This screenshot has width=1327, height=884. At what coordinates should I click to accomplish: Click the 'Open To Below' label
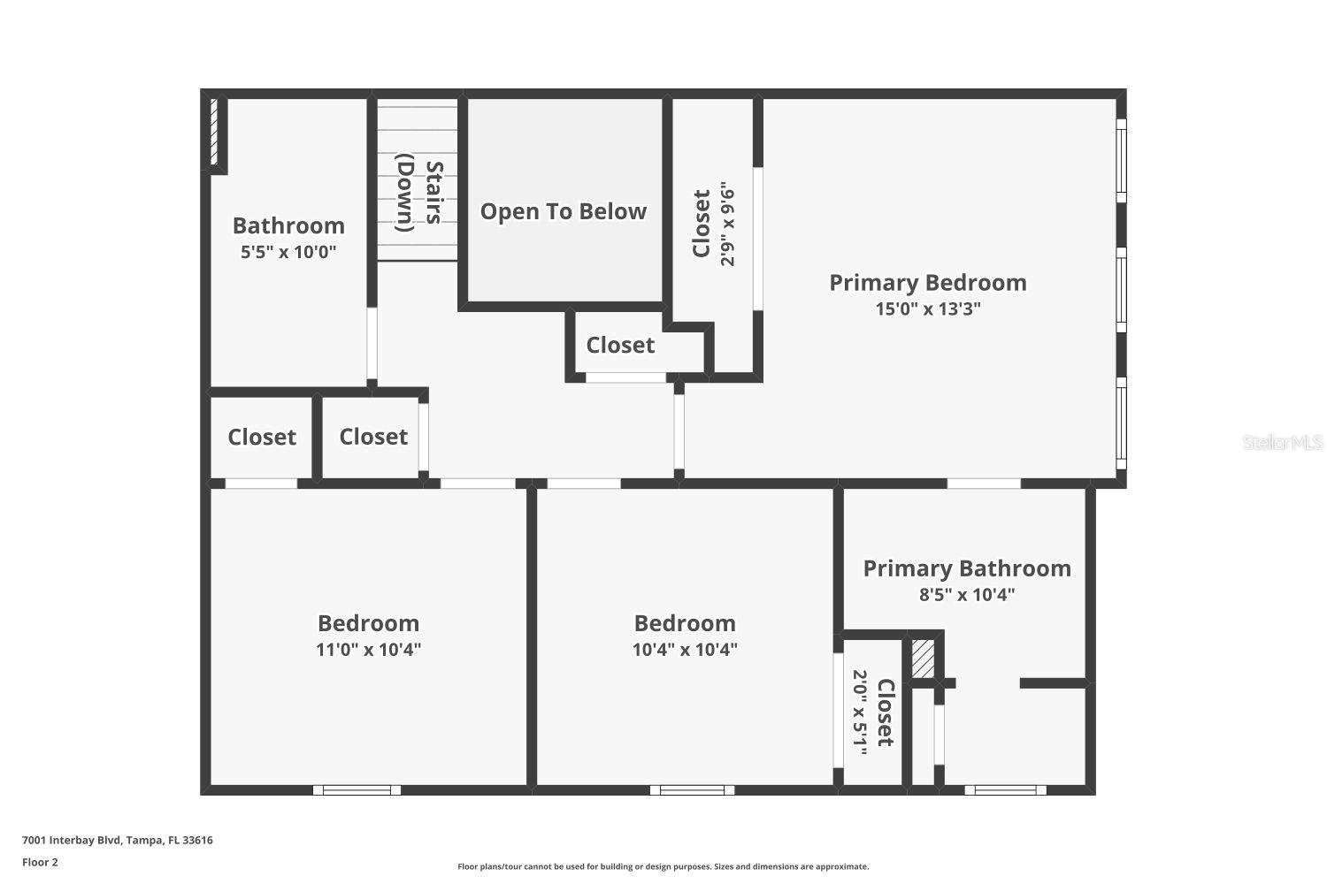564,211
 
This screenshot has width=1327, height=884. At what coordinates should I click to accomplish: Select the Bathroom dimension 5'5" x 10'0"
288,252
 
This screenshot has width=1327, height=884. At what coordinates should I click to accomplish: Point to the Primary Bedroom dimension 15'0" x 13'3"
928,309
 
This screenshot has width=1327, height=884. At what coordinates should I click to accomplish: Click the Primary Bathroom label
967,568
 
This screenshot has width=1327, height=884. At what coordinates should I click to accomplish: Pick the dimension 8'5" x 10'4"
967,595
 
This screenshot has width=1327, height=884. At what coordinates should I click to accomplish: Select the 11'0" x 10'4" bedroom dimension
368,650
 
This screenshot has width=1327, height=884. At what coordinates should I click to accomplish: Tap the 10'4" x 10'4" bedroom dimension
685,650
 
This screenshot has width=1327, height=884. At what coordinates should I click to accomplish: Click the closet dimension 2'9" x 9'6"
728,225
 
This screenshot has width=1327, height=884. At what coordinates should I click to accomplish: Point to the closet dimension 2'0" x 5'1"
860,712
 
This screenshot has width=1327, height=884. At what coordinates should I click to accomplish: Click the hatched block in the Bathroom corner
214,132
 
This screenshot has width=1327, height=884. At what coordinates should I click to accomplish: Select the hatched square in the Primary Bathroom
923,659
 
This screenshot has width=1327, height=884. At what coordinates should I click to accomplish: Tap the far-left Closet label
262,438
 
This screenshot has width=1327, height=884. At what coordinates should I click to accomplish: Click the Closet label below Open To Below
620,346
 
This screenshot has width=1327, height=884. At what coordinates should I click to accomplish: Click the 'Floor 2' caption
40,862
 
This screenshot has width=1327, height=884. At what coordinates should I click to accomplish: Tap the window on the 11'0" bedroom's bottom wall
357,790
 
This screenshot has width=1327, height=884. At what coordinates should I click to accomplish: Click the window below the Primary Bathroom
1005,790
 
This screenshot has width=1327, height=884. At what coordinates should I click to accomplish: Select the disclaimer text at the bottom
663,867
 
